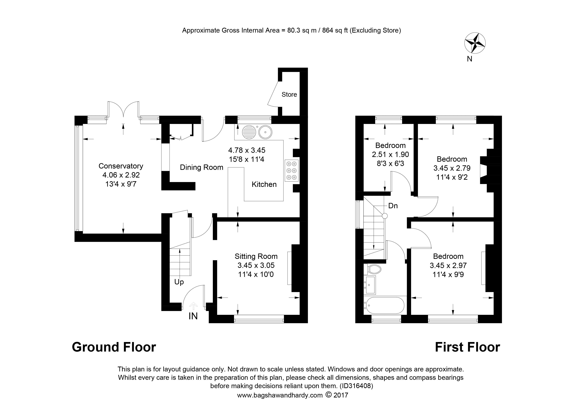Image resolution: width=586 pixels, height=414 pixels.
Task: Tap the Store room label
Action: pos(289,95)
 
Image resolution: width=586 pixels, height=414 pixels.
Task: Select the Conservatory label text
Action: pos(121,166)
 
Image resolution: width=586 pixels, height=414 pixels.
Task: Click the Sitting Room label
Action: pos(256,256)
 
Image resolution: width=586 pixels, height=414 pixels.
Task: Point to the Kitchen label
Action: pos(264,184)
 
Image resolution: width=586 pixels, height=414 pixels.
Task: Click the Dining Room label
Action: pos(201,167)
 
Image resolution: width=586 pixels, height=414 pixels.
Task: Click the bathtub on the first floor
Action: pos(385,305)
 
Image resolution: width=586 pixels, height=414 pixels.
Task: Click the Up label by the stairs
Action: pos(179,282)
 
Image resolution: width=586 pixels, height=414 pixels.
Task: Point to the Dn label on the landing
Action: pos(393,206)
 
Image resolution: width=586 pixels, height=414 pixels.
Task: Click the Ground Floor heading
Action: pos(114,347)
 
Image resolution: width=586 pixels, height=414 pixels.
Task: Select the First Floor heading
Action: pos(467,347)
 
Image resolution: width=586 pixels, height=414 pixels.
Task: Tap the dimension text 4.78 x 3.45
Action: pos(247,150)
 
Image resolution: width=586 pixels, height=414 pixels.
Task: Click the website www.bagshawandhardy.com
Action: pos(280,395)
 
